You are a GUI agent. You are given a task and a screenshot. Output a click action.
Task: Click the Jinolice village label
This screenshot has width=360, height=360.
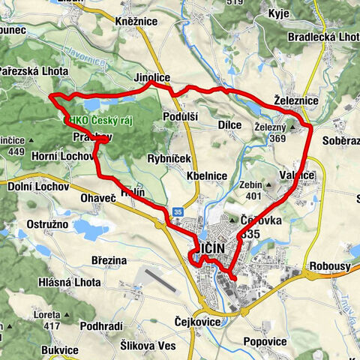(152, 77)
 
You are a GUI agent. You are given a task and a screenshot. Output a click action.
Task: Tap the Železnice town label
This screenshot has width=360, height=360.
(296, 100)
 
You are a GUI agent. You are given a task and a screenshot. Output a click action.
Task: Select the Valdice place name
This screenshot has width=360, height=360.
(297, 175)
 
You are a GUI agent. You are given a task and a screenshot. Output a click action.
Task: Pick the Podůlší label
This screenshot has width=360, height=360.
(181, 117)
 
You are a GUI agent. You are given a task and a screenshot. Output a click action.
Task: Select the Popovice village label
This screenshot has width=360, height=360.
(265, 341)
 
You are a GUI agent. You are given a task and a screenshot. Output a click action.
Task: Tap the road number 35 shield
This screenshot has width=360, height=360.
(177, 211)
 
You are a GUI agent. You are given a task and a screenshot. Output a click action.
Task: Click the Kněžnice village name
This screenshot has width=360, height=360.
(136, 21)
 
